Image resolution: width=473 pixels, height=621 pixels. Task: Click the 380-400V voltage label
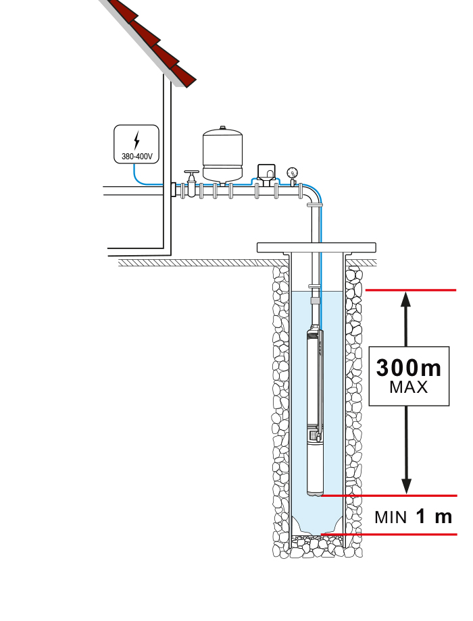point(136,157)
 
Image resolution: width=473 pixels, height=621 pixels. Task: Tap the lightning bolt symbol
point(136,140)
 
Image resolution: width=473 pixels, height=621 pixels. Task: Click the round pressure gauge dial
point(293,173)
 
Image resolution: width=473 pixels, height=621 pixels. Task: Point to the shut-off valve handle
point(191,172)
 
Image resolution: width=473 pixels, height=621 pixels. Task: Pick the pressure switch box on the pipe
point(266,172)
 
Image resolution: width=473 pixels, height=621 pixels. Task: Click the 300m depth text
point(408,367)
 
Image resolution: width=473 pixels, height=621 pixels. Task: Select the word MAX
point(409,387)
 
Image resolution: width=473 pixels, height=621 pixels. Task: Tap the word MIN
point(391,518)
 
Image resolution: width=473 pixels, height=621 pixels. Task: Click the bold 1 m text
point(434,516)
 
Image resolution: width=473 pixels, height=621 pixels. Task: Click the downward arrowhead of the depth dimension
point(406,486)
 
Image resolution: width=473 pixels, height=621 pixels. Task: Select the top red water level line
point(411,290)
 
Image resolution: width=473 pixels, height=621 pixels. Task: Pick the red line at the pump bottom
point(389,495)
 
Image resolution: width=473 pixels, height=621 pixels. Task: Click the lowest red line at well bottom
point(389,535)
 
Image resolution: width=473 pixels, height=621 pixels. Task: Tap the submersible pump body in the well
point(315,411)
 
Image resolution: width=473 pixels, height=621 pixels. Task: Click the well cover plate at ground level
point(316,248)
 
